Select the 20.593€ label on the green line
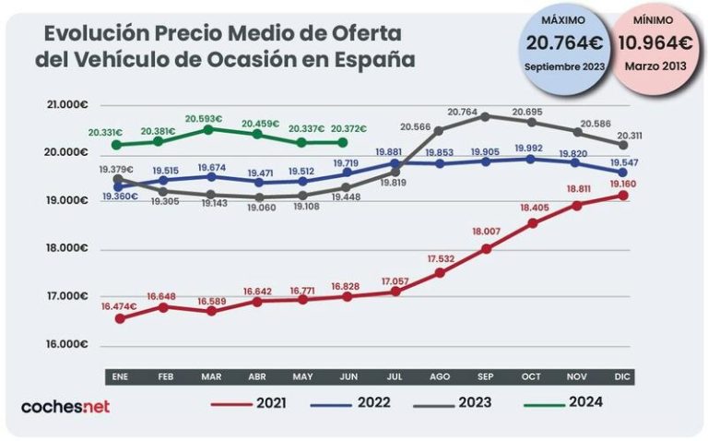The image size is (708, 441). pos(204,119)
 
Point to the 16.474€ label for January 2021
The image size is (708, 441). pos(120,306)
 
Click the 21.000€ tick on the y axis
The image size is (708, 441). pos(66,105)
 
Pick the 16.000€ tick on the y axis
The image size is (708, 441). pos(66,344)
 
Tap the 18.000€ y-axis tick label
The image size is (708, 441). pos(66,248)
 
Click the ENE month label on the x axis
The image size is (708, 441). pos(119,376)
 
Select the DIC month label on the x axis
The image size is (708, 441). pos(623,376)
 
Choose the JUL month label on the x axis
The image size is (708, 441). pos(394,376)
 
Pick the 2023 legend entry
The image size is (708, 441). pos(475,402)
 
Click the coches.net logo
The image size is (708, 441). pos(65,406)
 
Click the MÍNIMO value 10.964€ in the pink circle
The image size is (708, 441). pos(655,42)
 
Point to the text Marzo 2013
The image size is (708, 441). pos(655,66)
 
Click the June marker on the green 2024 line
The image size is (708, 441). pos(343,142)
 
